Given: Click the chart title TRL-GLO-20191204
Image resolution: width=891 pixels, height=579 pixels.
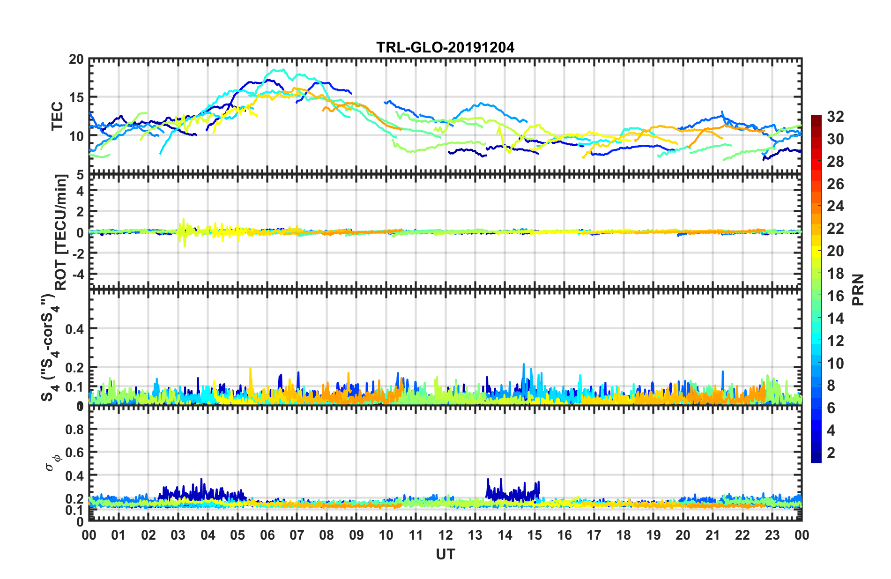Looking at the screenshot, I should (x=445, y=47).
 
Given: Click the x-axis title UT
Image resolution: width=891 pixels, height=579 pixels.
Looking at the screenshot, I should (x=445, y=555).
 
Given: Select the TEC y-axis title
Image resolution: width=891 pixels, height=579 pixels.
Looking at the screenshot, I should (x=57, y=116).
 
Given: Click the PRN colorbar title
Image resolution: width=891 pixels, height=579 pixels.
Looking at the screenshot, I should (x=858, y=290).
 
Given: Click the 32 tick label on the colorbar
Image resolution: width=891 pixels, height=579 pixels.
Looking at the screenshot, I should (x=835, y=117).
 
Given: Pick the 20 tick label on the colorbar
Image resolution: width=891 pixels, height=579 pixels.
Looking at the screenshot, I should (x=835, y=251).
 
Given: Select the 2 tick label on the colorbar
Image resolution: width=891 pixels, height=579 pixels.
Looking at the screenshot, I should (x=831, y=453).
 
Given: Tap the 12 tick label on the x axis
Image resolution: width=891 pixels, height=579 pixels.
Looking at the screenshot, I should (x=445, y=535).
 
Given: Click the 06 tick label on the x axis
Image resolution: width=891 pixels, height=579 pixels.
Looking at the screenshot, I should (x=267, y=535).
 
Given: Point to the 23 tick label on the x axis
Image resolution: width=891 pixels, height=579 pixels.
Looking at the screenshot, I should (x=772, y=535).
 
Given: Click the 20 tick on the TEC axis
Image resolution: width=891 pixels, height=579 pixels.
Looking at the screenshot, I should (x=76, y=59).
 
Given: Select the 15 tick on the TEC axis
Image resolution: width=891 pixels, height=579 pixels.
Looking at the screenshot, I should (x=76, y=98).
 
